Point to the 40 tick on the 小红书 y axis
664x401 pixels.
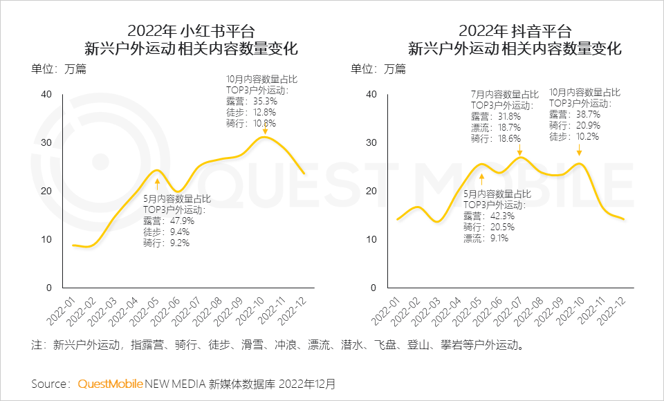(x=46, y=94)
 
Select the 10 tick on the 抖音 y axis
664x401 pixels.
(x=372, y=239)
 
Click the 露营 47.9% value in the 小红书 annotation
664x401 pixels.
(x=169, y=221)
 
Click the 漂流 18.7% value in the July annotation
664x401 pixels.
(x=495, y=128)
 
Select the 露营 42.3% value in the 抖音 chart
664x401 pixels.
(x=489, y=216)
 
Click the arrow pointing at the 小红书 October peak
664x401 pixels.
(x=265, y=129)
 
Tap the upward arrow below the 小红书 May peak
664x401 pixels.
(x=158, y=183)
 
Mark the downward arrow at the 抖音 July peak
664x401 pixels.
(x=519, y=150)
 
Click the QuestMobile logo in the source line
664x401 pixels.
(x=111, y=383)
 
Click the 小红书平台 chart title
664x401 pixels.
(x=191, y=32)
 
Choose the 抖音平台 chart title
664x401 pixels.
(x=515, y=32)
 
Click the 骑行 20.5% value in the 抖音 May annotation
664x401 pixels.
(x=489, y=227)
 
